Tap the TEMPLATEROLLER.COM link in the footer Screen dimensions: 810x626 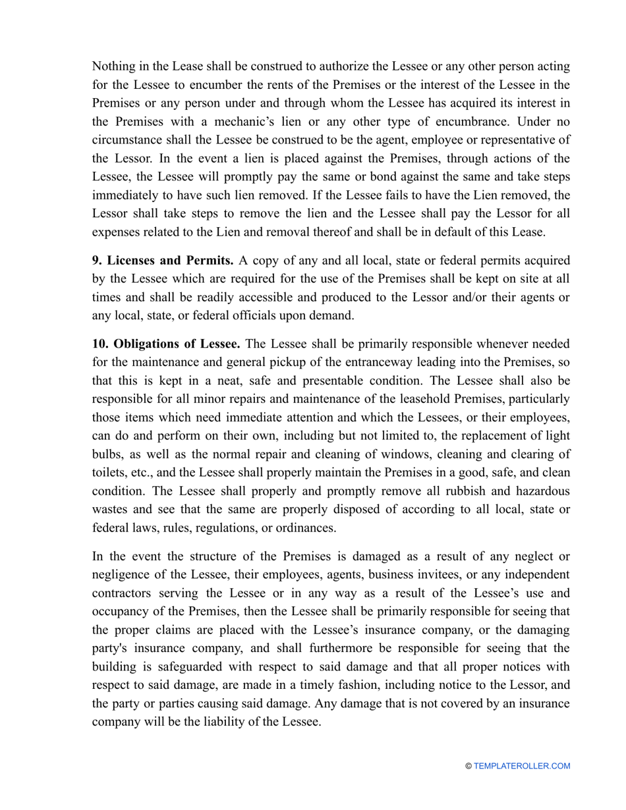click(522, 766)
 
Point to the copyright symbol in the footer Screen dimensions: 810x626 click(469, 766)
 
